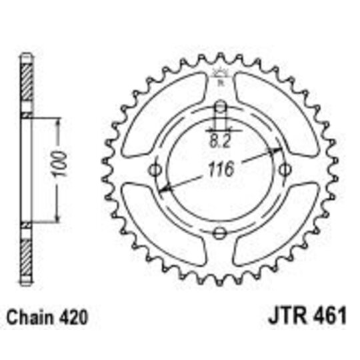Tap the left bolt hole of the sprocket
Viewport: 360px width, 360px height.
pos(157,169)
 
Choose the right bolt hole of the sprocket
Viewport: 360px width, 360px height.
pos(285,169)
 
